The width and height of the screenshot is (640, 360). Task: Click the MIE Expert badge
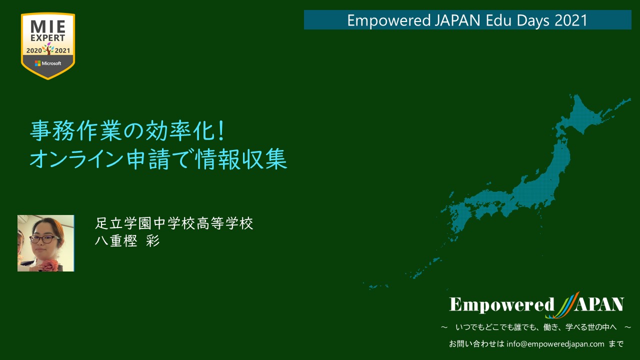coord(48,46)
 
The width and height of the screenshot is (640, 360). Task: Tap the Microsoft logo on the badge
coord(48,63)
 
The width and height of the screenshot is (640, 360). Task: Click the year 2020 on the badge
coord(34,50)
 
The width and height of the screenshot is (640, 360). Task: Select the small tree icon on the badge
coord(48,48)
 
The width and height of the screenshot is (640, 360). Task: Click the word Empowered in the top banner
coord(389,20)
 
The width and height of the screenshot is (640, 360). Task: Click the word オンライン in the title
coord(77,159)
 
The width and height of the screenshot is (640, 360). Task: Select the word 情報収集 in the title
coord(241,159)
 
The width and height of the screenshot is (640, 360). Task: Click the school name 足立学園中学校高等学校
coord(174,223)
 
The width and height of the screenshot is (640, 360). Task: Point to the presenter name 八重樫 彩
coord(127,241)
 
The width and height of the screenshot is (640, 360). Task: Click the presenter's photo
coord(45,243)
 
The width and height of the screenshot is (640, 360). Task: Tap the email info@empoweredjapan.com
coord(555,343)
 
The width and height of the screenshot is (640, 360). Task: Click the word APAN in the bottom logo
coord(599,304)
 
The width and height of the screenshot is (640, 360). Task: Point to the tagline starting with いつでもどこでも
coord(536,327)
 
